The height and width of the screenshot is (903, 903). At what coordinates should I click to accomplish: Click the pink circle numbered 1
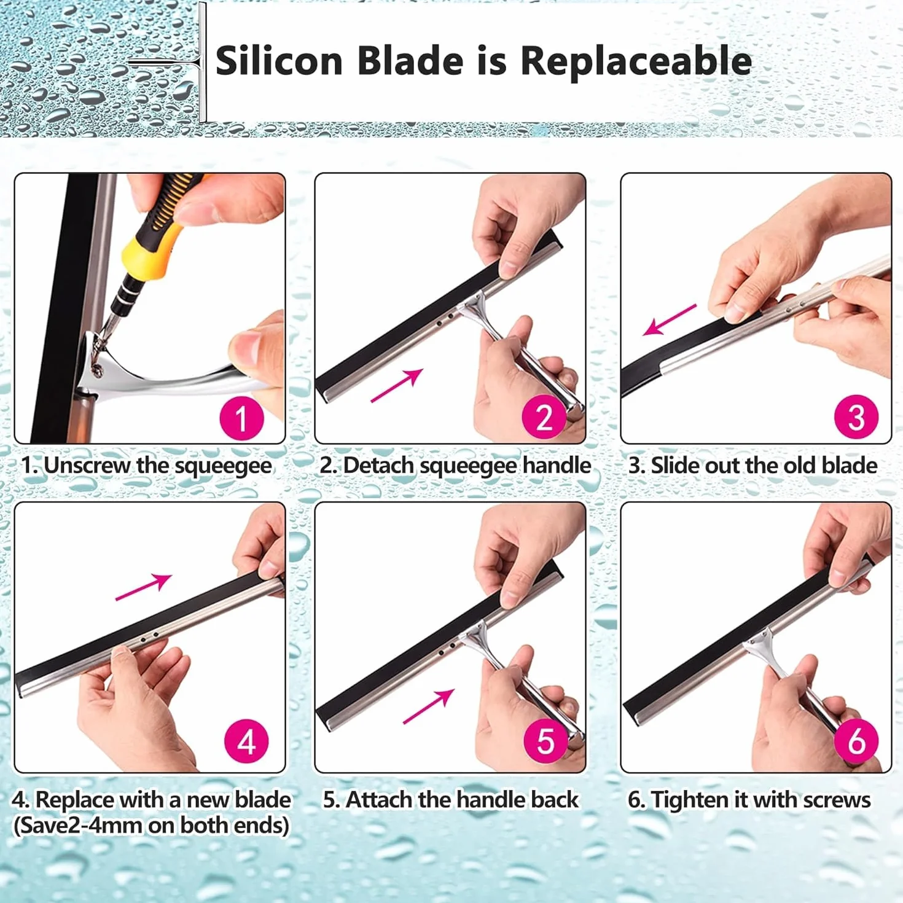242,418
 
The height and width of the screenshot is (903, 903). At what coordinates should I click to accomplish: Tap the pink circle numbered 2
544,416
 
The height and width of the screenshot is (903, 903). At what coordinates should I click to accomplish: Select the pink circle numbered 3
856,416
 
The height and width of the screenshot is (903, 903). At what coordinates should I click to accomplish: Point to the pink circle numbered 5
545,741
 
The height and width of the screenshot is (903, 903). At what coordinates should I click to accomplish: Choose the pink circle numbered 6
856,741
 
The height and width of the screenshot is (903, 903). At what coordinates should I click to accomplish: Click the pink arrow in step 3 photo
669,320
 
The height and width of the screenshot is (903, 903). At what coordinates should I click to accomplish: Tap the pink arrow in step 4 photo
143,587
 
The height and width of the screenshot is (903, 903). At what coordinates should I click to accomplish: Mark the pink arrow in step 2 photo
397,385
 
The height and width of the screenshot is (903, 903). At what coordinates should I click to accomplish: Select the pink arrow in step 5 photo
429,706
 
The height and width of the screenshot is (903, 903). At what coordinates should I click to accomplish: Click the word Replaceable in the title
636,61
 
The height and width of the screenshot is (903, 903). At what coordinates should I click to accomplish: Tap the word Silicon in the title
279,61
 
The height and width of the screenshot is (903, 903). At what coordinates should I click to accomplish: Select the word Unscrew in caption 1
87,466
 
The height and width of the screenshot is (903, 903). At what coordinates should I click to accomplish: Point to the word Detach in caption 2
378,466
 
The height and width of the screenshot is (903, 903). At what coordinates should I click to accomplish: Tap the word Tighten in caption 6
690,799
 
